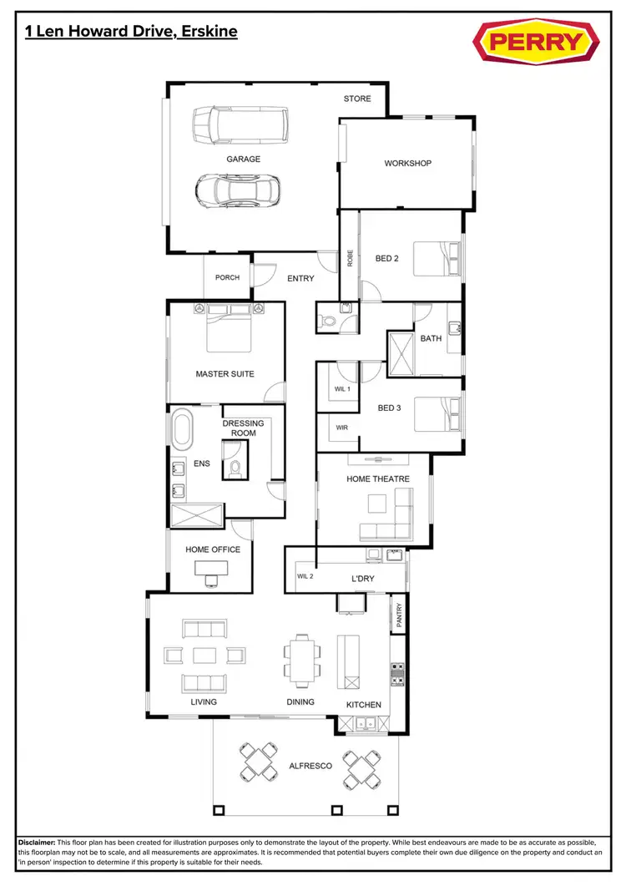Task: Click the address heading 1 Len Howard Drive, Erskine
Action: (x=131, y=32)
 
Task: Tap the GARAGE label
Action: (x=243, y=159)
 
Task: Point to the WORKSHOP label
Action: (x=407, y=163)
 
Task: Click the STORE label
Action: (x=357, y=99)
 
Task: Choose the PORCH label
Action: (x=227, y=277)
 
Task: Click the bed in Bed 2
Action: (x=434, y=257)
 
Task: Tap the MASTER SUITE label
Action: (x=225, y=374)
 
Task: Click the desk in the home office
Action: (x=210, y=569)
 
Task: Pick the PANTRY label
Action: (x=399, y=615)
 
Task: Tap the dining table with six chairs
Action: (x=300, y=657)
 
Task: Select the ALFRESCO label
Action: (x=310, y=765)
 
